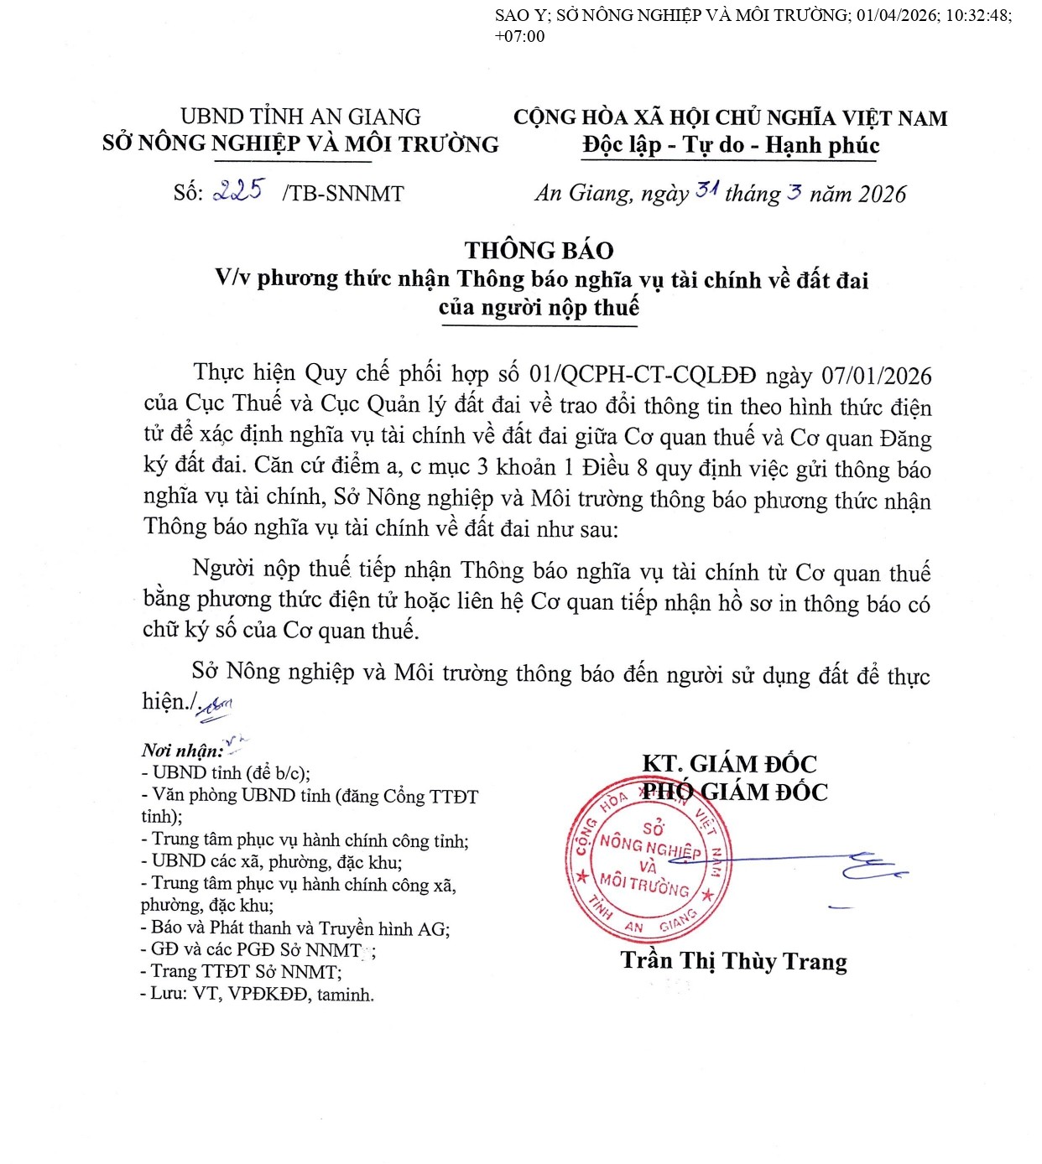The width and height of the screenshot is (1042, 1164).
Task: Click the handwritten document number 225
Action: [x=238, y=190]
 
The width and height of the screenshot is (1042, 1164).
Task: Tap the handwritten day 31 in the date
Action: [x=706, y=191]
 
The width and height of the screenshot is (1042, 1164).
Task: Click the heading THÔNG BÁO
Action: [x=539, y=250]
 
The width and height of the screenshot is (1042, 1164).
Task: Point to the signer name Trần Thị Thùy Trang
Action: [x=733, y=961]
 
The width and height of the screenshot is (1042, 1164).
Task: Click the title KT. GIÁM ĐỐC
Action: [x=728, y=763]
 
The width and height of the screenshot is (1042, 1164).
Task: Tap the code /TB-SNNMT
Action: [x=343, y=194]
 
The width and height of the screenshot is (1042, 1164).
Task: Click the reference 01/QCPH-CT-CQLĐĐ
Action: [x=643, y=375]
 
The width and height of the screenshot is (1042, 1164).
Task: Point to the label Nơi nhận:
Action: [x=182, y=751]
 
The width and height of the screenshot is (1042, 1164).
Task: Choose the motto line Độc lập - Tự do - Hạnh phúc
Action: [x=731, y=145]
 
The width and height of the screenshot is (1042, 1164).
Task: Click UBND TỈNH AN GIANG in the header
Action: [x=300, y=117]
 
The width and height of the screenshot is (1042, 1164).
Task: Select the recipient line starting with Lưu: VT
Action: [x=258, y=995]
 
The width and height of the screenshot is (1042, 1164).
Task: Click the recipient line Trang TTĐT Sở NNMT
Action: [x=242, y=972]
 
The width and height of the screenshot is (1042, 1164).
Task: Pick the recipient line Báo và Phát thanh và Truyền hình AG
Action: [x=295, y=928]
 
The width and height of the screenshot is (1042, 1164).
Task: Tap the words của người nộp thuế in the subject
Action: [x=539, y=308]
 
